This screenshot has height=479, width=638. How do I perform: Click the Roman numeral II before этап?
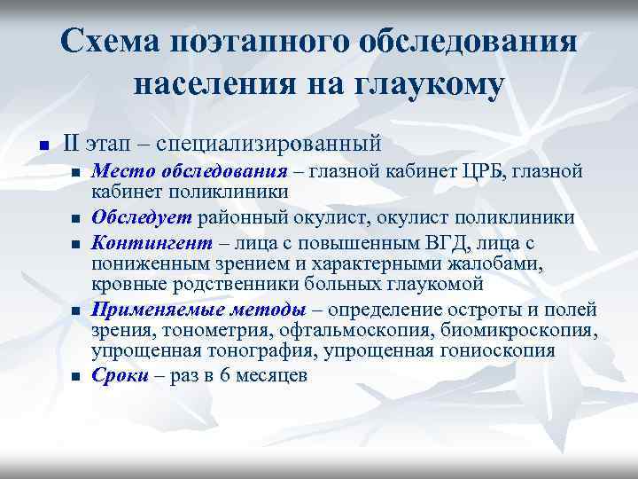(73, 142)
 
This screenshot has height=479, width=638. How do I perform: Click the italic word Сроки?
(120, 375)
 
